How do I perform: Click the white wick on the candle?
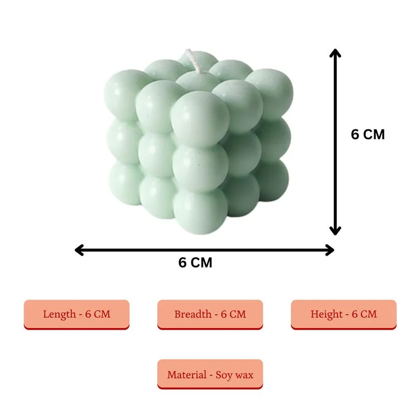(x=194, y=61)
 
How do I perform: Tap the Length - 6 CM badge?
(x=77, y=315)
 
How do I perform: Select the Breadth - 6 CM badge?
(x=210, y=315)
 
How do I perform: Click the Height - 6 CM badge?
(x=344, y=315)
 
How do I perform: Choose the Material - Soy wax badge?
(x=210, y=374)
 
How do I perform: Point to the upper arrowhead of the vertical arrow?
(x=335, y=53)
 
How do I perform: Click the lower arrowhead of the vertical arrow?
(x=335, y=231)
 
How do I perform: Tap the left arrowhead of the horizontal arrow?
(x=79, y=250)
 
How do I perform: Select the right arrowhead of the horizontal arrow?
(x=330, y=250)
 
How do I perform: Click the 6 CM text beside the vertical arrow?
(x=368, y=134)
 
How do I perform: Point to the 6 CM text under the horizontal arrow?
(x=195, y=262)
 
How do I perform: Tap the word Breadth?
(x=193, y=314)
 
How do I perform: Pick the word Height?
(x=327, y=315)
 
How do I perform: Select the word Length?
(x=60, y=315)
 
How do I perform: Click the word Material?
(x=187, y=375)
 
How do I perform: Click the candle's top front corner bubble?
(x=200, y=119)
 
